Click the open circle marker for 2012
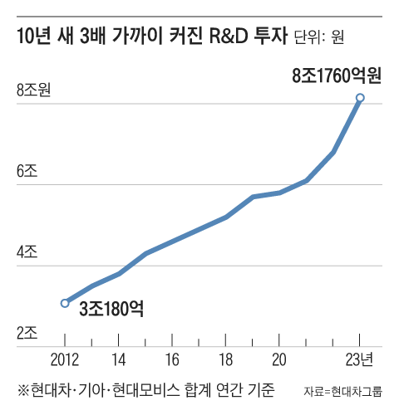pyautogui.click(x=65, y=303)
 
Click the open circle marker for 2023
pyautogui.click(x=359, y=98)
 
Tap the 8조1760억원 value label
pyautogui.click(x=336, y=76)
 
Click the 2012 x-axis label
pyautogui.click(x=65, y=359)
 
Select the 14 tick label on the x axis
pyautogui.click(x=119, y=359)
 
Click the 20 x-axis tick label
pyautogui.click(x=279, y=359)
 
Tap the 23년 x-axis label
pyautogui.click(x=360, y=359)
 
